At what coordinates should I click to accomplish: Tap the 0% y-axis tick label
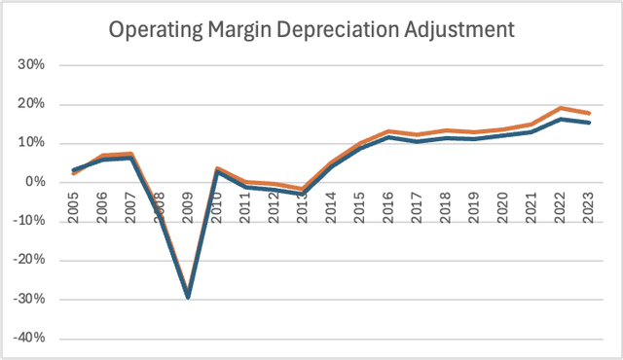[x=50, y=182]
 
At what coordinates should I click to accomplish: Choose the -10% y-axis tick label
[x=44, y=221]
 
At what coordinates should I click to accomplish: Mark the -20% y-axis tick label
[x=44, y=260]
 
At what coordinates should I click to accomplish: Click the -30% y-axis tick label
[x=44, y=299]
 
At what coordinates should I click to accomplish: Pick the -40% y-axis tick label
[x=44, y=338]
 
